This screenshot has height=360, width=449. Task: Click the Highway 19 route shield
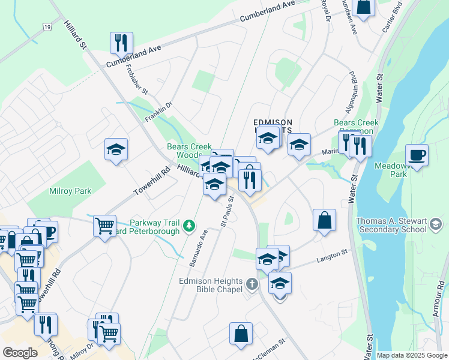point(47,26)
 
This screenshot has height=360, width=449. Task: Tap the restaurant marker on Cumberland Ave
point(121,43)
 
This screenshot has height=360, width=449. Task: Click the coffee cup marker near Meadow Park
point(417,155)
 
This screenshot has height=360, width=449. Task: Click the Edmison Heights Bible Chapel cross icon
point(252,283)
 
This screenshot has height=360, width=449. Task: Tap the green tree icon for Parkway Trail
point(190,226)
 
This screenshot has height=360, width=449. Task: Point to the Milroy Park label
point(70,191)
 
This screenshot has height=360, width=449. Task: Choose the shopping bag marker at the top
point(364,7)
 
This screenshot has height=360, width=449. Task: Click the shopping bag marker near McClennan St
point(240,334)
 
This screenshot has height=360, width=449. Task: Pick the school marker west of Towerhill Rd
point(116,149)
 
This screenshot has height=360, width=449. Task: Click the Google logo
point(20,353)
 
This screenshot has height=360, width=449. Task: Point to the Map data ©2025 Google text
point(412,355)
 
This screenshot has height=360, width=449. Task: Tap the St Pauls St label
point(226,215)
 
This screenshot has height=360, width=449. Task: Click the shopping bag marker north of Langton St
point(324,220)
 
